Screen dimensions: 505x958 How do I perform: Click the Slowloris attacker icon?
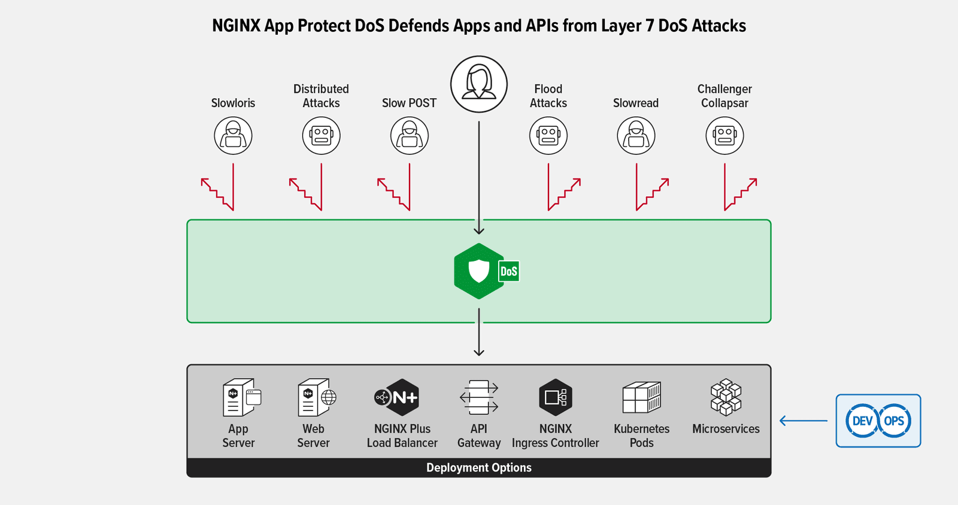pyautogui.click(x=233, y=136)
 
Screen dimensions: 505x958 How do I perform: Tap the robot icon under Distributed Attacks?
pyautogui.click(x=321, y=136)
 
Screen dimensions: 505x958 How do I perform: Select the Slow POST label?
pyautogui.click(x=409, y=103)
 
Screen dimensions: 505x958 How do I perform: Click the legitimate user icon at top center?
pyautogui.click(x=479, y=84)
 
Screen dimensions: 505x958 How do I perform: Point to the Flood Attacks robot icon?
pyautogui.click(x=548, y=136)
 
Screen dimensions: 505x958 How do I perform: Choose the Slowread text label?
pyautogui.click(x=635, y=103)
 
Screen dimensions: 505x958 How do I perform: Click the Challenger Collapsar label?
pyautogui.click(x=724, y=96)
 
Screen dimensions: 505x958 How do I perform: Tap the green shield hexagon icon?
pyautogui.click(x=478, y=271)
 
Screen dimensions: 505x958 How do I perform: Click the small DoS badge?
pyautogui.click(x=509, y=272)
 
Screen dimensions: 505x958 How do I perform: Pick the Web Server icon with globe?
pyautogui.click(x=316, y=397)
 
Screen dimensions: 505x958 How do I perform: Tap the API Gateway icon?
pyautogui.click(x=479, y=397)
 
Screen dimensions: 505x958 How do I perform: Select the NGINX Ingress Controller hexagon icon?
pyautogui.click(x=555, y=397)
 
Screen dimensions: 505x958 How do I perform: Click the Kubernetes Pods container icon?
pyautogui.click(x=641, y=397)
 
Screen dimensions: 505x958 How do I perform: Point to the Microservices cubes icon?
pyautogui.click(x=726, y=397)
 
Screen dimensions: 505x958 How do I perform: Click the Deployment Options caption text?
pyautogui.click(x=478, y=468)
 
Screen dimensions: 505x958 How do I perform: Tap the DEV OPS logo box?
pyautogui.click(x=878, y=421)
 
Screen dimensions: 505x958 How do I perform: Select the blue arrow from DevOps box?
pyautogui.click(x=804, y=421)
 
